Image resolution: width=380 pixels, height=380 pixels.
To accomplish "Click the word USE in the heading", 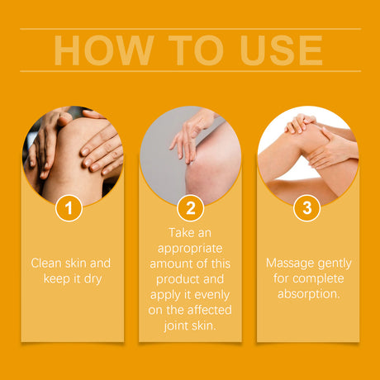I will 278,50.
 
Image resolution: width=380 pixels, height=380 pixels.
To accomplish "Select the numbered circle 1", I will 69,208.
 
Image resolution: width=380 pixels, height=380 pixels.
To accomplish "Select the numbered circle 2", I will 189,208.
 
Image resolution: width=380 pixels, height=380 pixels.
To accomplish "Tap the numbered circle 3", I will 307,208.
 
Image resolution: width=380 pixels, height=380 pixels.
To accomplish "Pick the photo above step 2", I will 189,153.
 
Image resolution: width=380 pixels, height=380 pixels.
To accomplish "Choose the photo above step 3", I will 307,153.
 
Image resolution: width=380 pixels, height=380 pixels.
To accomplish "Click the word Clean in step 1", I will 48,264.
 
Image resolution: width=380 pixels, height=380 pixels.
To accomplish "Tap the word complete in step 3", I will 319,278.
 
